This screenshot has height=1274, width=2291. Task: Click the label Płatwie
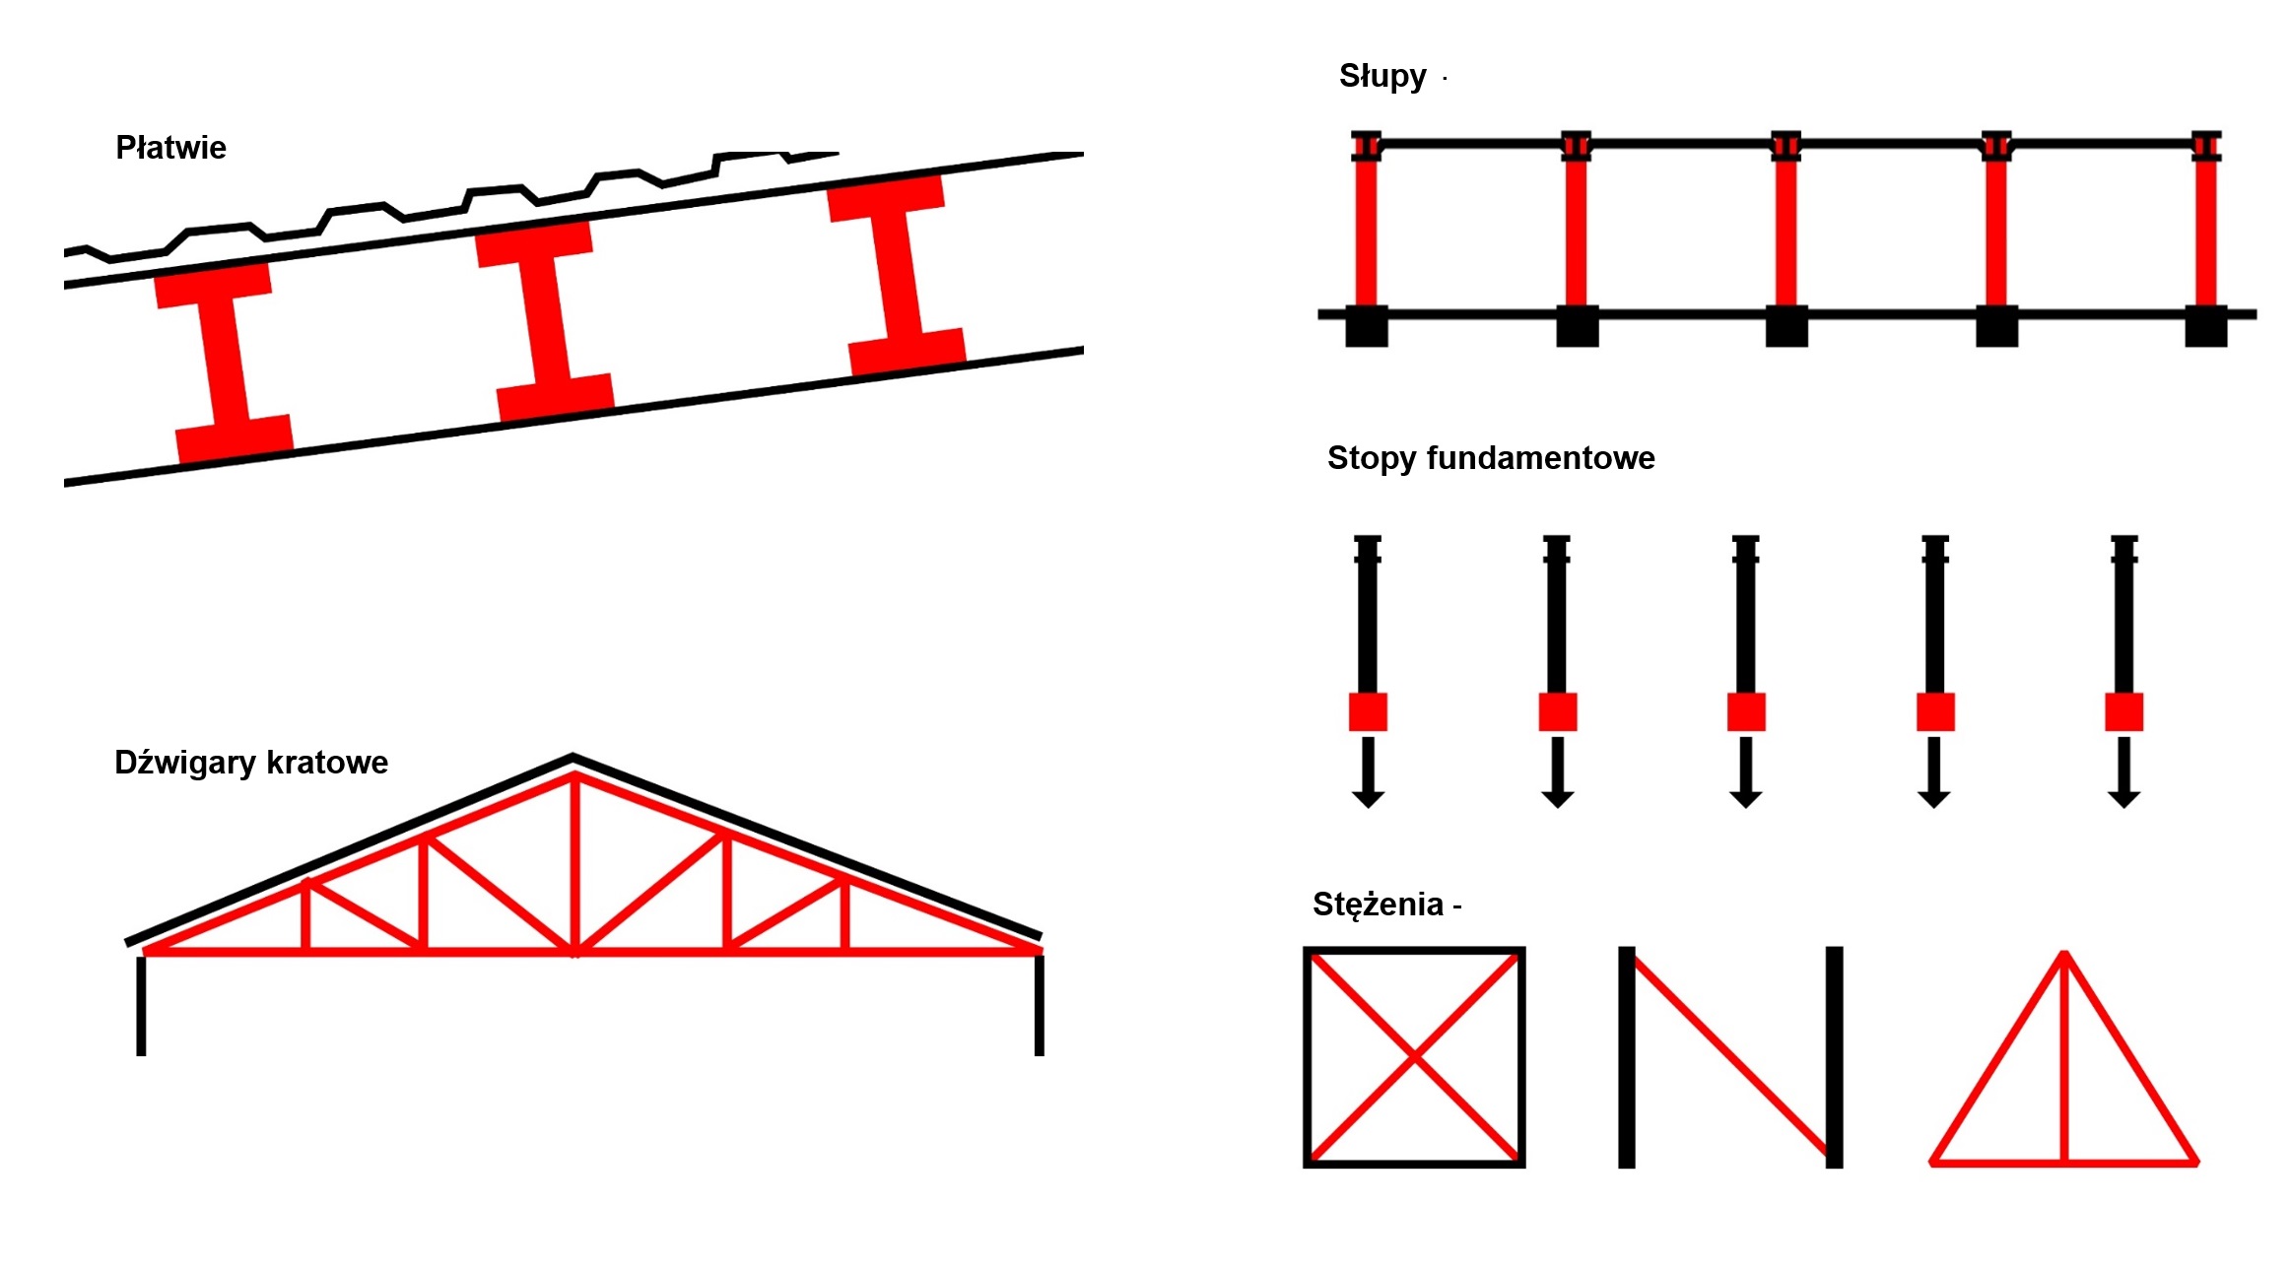click(x=170, y=148)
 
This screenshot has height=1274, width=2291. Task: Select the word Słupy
click(x=1381, y=77)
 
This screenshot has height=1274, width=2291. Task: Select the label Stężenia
click(x=1378, y=905)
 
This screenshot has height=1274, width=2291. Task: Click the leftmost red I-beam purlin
click(x=224, y=361)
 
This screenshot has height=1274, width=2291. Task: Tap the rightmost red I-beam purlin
click(x=897, y=275)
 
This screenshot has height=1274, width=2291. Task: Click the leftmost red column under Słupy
click(x=1366, y=232)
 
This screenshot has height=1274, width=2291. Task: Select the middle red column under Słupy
click(x=1786, y=232)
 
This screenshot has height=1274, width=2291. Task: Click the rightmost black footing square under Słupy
click(x=2205, y=326)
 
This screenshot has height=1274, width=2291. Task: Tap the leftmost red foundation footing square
click(x=1368, y=711)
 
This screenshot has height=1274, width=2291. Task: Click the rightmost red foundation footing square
click(x=2123, y=711)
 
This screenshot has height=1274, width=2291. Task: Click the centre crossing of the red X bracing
click(x=1414, y=1057)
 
